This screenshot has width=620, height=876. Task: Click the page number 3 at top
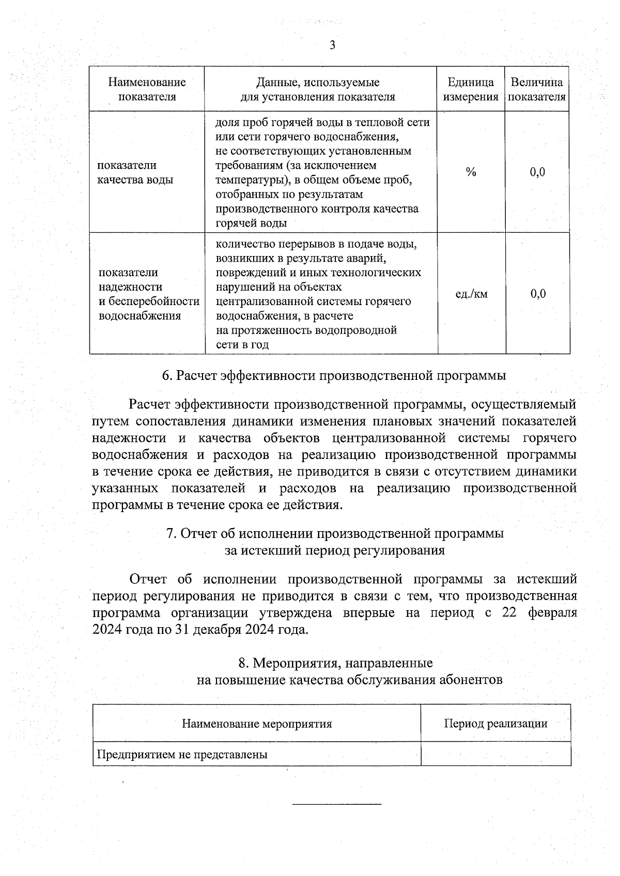click(332, 46)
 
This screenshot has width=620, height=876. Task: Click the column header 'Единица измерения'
click(470, 89)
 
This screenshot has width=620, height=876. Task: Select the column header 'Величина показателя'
click(537, 89)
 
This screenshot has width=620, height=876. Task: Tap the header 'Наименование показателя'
click(147, 89)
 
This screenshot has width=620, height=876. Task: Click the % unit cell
click(471, 172)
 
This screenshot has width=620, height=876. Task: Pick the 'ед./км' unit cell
click(471, 294)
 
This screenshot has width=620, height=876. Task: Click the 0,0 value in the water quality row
click(537, 172)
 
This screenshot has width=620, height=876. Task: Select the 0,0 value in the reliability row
click(538, 294)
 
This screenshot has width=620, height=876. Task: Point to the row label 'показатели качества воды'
click(135, 172)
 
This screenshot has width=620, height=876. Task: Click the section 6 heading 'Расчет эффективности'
click(334, 376)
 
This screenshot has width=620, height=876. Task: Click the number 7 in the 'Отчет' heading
click(170, 534)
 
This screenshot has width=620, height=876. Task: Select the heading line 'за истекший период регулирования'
click(334, 550)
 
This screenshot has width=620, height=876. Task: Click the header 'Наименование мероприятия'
click(257, 724)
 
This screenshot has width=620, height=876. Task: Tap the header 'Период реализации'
click(495, 724)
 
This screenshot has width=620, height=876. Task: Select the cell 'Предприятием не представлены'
click(183, 755)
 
